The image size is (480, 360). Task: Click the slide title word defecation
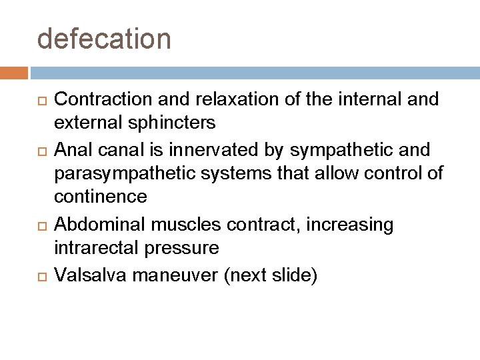point(104,39)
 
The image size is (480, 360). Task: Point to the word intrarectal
point(96,249)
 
